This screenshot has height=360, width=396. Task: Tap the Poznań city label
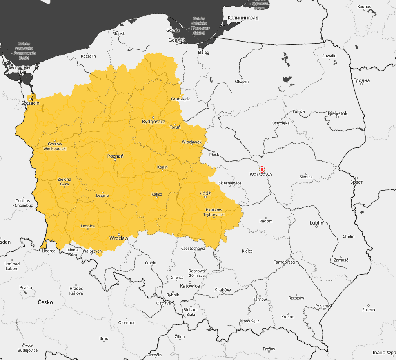tap(115, 156)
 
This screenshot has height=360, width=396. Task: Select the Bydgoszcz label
tap(153, 122)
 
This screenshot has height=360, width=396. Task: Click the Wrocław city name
tap(119, 238)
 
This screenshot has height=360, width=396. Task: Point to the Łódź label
tap(205, 193)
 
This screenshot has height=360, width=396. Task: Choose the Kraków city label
tap(223, 290)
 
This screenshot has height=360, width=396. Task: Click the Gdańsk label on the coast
tap(176, 40)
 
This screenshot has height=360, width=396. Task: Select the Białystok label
tap(337, 113)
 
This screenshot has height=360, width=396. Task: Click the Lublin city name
tap(316, 223)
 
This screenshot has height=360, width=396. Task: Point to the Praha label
tap(26, 287)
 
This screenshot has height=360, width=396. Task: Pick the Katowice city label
tap(190, 286)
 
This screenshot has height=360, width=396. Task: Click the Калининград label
tap(243, 18)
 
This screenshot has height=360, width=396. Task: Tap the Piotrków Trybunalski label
tap(214, 212)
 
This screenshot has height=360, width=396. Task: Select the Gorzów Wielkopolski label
tap(55, 146)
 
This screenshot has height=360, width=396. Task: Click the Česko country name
tap(45, 302)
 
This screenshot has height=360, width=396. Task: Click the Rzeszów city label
tap(296, 298)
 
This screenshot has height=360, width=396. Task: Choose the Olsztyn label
tap(242, 81)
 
